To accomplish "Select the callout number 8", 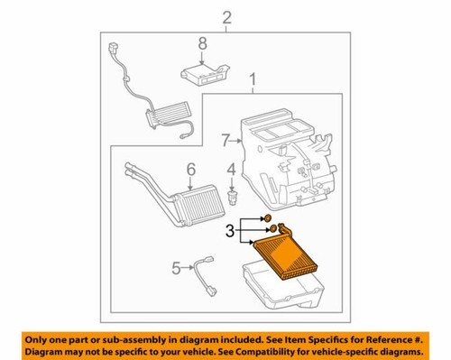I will click(201, 43).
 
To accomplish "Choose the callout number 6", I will click(190, 169).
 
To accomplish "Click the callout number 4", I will click(231, 168).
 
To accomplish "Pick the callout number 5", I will click(179, 265).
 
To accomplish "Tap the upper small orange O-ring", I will click(267, 220).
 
